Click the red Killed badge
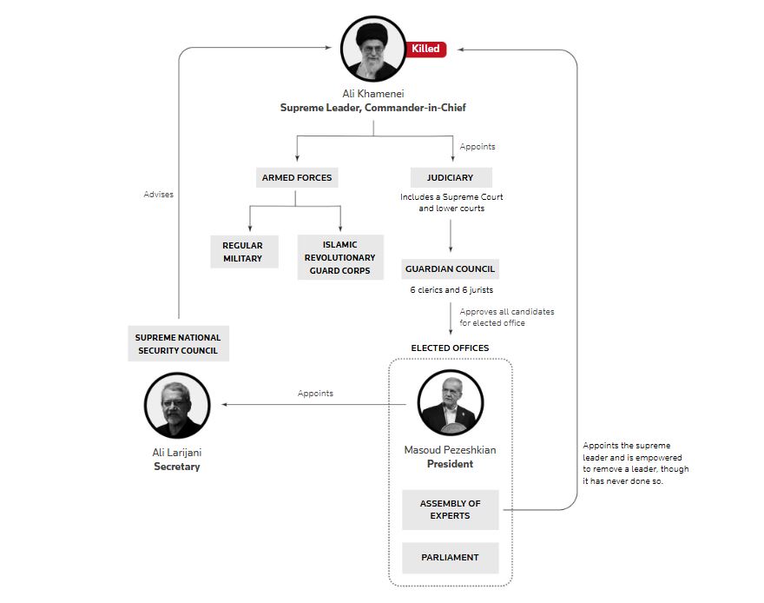[425, 49]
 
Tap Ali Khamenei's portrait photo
[373, 50]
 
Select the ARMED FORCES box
[297, 178]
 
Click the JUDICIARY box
[451, 178]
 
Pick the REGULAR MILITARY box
[243, 252]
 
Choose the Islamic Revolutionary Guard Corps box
[339, 257]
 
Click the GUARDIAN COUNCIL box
[451, 269]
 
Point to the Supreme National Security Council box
[178, 344]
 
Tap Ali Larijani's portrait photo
[178, 405]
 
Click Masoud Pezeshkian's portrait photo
[451, 405]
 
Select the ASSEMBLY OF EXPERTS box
[451, 510]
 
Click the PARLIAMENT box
[451, 558]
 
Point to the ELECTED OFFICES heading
[450, 348]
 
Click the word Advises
[158, 195]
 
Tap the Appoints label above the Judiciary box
[477, 147]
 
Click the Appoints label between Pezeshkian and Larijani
[315, 394]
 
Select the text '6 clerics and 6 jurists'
[451, 290]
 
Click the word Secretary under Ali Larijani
[177, 467]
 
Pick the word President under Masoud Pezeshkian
[450, 464]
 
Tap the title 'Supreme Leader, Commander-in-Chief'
[373, 108]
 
